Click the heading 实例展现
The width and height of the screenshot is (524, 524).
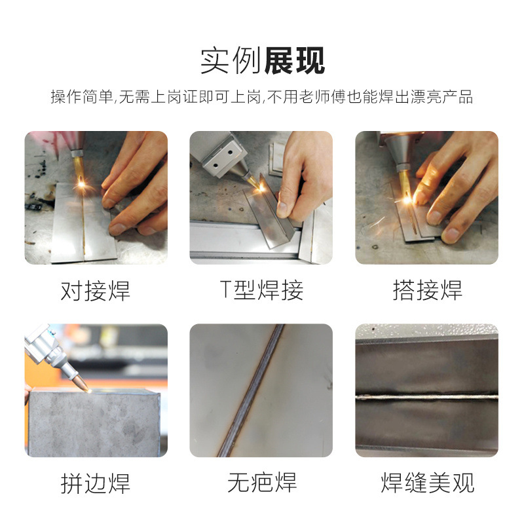click(x=263, y=60)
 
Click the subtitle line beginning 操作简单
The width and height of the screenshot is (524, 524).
click(x=261, y=97)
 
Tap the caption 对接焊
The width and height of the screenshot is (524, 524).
click(x=95, y=290)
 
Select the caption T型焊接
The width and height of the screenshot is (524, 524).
click(x=261, y=290)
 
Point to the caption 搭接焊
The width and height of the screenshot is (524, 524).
click(x=428, y=290)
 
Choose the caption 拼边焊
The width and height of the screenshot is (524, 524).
click(x=95, y=483)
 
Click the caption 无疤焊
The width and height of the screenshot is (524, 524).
click(x=261, y=482)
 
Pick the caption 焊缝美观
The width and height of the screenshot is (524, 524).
click(x=428, y=482)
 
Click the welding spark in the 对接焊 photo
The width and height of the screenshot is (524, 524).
click(x=81, y=183)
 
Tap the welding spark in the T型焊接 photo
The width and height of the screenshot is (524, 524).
click(x=261, y=189)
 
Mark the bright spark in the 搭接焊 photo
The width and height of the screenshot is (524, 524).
click(x=407, y=200)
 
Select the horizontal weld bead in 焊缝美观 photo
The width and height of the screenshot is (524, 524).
click(x=427, y=397)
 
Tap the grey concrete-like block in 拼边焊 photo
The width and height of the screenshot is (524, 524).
click(x=94, y=422)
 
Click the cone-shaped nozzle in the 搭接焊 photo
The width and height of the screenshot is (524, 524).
click(x=400, y=151)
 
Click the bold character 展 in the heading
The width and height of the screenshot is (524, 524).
click(x=278, y=60)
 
